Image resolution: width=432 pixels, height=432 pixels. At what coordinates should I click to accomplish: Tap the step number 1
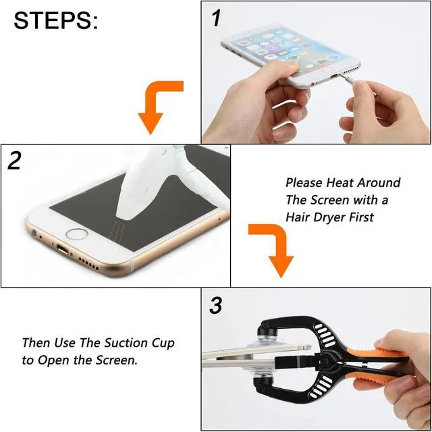[216, 19]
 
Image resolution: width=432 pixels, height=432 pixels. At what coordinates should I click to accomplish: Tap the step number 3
[215, 306]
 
